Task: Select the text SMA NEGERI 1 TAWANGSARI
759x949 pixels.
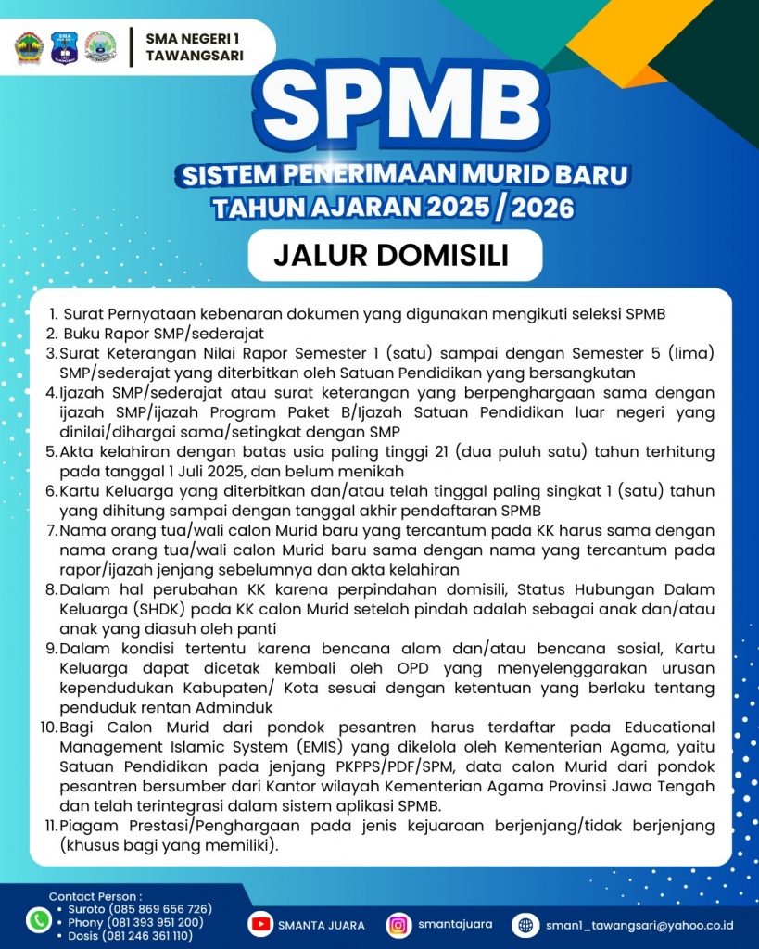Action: pos(195,46)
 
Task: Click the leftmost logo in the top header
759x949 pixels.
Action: pos(29,47)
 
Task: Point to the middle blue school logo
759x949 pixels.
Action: pos(64,47)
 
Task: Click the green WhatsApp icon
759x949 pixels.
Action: pos(38,920)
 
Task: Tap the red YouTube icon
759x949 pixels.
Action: pos(262,924)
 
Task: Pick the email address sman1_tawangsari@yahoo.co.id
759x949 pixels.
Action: pos(639,925)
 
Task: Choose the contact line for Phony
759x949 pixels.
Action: pos(135,922)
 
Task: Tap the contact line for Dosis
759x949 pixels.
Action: pos(131,936)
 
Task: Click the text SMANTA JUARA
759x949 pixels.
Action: pos(323,925)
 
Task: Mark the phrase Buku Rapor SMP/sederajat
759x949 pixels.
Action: pos(163,333)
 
